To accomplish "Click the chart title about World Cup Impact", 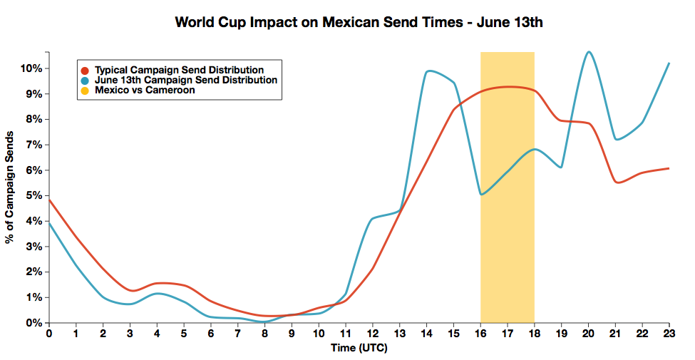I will (359, 22).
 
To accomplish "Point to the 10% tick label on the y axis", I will (31, 68).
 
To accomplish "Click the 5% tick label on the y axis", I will (34, 195).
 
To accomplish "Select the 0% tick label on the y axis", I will (34, 323).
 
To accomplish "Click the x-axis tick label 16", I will (480, 334).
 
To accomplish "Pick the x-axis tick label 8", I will (264, 334).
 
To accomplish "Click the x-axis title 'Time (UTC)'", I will (359, 348).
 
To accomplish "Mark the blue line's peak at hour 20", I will (589, 51).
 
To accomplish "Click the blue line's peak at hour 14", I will (428, 71).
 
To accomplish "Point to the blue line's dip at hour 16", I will (481, 195).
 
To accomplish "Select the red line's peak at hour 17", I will (508, 86).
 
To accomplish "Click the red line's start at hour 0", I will (48, 200).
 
